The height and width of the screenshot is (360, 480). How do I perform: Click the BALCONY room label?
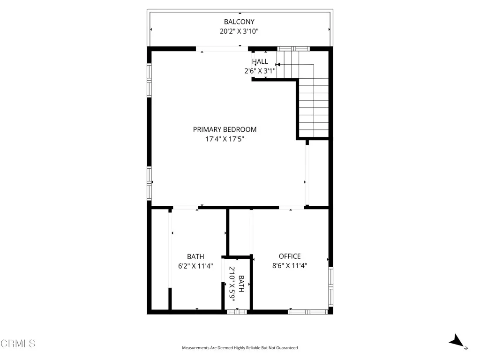(239, 22)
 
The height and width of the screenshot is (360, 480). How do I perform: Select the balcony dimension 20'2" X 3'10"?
(239, 31)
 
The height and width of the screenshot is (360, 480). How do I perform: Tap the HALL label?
(260, 61)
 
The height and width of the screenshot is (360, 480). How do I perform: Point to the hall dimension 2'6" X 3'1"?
(260, 71)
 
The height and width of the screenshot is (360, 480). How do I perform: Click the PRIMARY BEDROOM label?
(225, 129)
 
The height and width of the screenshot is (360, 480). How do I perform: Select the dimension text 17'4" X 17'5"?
(225, 139)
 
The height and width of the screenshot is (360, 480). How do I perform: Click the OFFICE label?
(290, 256)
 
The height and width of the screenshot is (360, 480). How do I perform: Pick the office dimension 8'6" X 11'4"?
(290, 266)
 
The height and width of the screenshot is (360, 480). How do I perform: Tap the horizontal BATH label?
(195, 256)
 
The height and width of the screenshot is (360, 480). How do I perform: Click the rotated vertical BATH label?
(241, 284)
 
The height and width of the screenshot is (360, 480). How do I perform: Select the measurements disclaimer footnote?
(240, 348)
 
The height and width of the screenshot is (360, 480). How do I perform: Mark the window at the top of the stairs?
(293, 48)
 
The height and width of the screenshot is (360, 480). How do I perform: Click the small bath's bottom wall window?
(237, 311)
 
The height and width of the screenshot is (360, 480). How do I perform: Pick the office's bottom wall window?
(307, 311)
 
